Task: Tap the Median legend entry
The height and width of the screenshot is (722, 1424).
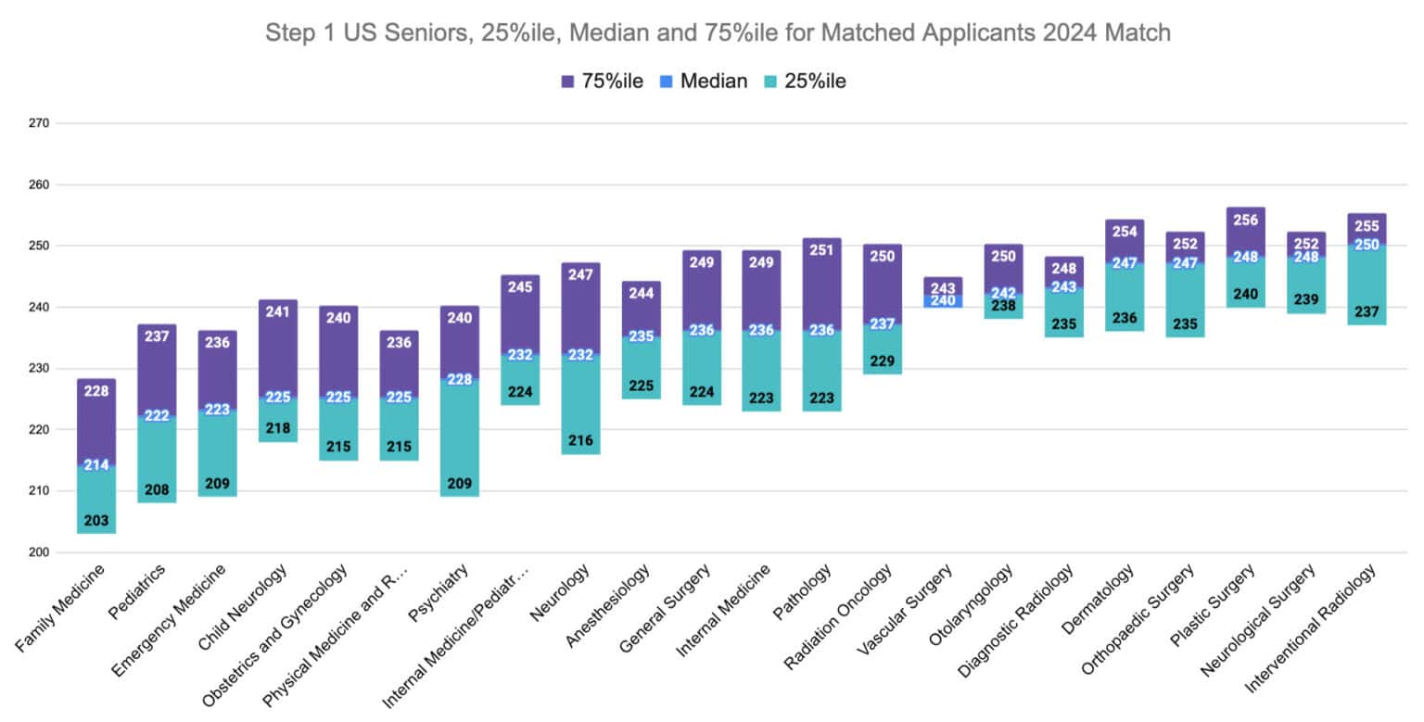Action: coord(701,81)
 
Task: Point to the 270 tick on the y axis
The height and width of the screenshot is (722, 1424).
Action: coord(38,123)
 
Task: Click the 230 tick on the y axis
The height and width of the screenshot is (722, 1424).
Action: coord(38,369)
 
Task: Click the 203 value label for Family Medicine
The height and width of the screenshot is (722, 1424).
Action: coord(96,520)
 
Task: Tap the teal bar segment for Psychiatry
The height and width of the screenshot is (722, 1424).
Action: coord(460,436)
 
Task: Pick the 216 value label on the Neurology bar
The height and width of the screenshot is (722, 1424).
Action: coord(581,440)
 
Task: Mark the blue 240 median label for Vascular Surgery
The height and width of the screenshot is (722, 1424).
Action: coord(943,300)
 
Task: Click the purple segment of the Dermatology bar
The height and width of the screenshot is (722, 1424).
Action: coord(1125,246)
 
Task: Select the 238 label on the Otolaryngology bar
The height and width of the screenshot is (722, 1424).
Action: coord(1004,306)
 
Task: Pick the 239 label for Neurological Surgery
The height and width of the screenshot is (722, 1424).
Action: coord(1306,299)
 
